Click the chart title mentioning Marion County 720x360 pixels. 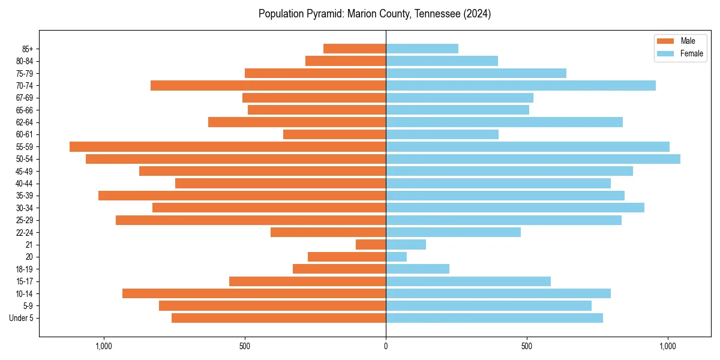[374, 14]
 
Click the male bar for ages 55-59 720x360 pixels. [227, 146]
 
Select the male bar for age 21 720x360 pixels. [371, 245]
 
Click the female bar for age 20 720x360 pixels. [396, 257]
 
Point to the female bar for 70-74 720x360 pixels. [520, 86]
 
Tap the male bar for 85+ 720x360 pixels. [355, 49]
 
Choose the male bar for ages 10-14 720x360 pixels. [254, 293]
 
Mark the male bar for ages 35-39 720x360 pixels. [242, 196]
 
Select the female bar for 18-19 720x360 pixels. [418, 269]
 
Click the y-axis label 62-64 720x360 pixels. [25, 122]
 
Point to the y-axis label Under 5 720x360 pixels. [22, 318]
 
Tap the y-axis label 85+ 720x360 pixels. [27, 49]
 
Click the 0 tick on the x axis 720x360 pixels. [386, 346]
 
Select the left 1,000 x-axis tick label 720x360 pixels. [104, 346]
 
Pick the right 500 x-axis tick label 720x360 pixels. [527, 346]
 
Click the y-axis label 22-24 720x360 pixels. [25, 232]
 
